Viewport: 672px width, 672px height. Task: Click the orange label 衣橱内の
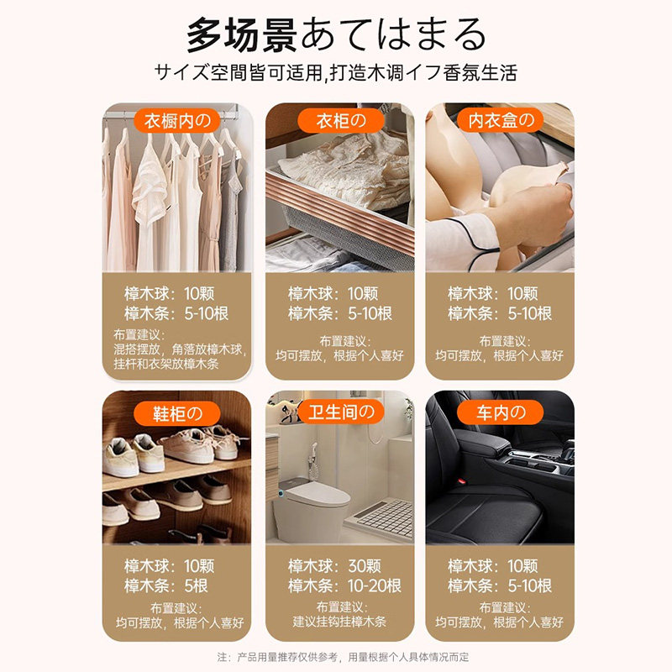point(177,121)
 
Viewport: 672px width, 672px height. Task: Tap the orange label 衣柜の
point(341,121)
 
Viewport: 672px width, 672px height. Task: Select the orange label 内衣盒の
point(500,121)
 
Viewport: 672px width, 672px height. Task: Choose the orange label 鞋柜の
point(177,413)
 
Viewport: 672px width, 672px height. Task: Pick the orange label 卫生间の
point(342,412)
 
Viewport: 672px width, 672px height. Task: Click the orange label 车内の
point(500,412)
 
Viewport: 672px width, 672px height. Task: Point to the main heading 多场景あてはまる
point(337,35)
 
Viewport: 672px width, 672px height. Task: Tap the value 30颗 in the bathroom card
point(365,566)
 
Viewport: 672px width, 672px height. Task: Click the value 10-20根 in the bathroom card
point(374,585)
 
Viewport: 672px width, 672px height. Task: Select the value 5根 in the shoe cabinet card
point(196,585)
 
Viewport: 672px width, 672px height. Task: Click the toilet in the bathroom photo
point(309,510)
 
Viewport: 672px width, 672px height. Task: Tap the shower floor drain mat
point(383,518)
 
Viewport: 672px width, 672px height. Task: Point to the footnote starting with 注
point(343,657)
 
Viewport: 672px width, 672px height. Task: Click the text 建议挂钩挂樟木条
point(339,622)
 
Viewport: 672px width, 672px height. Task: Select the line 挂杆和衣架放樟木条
point(166,364)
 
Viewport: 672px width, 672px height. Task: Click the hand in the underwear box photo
point(532,215)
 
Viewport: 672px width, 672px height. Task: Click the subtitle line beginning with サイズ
point(336,72)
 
